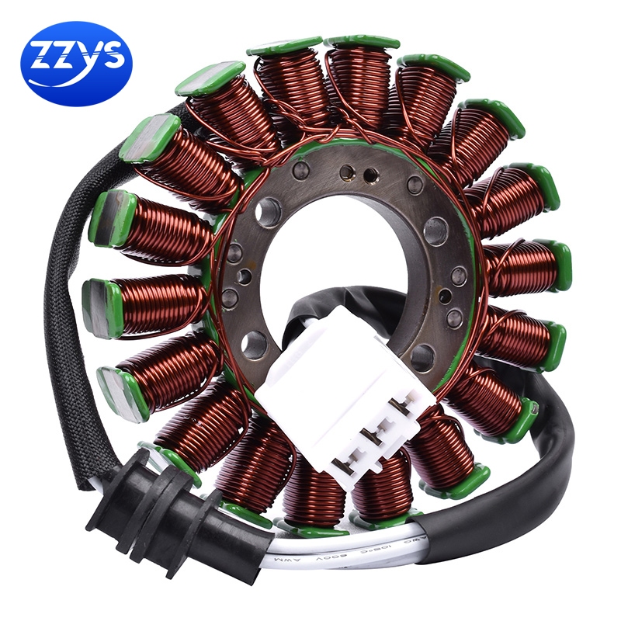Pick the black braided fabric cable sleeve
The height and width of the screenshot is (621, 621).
click(x=59, y=310)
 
